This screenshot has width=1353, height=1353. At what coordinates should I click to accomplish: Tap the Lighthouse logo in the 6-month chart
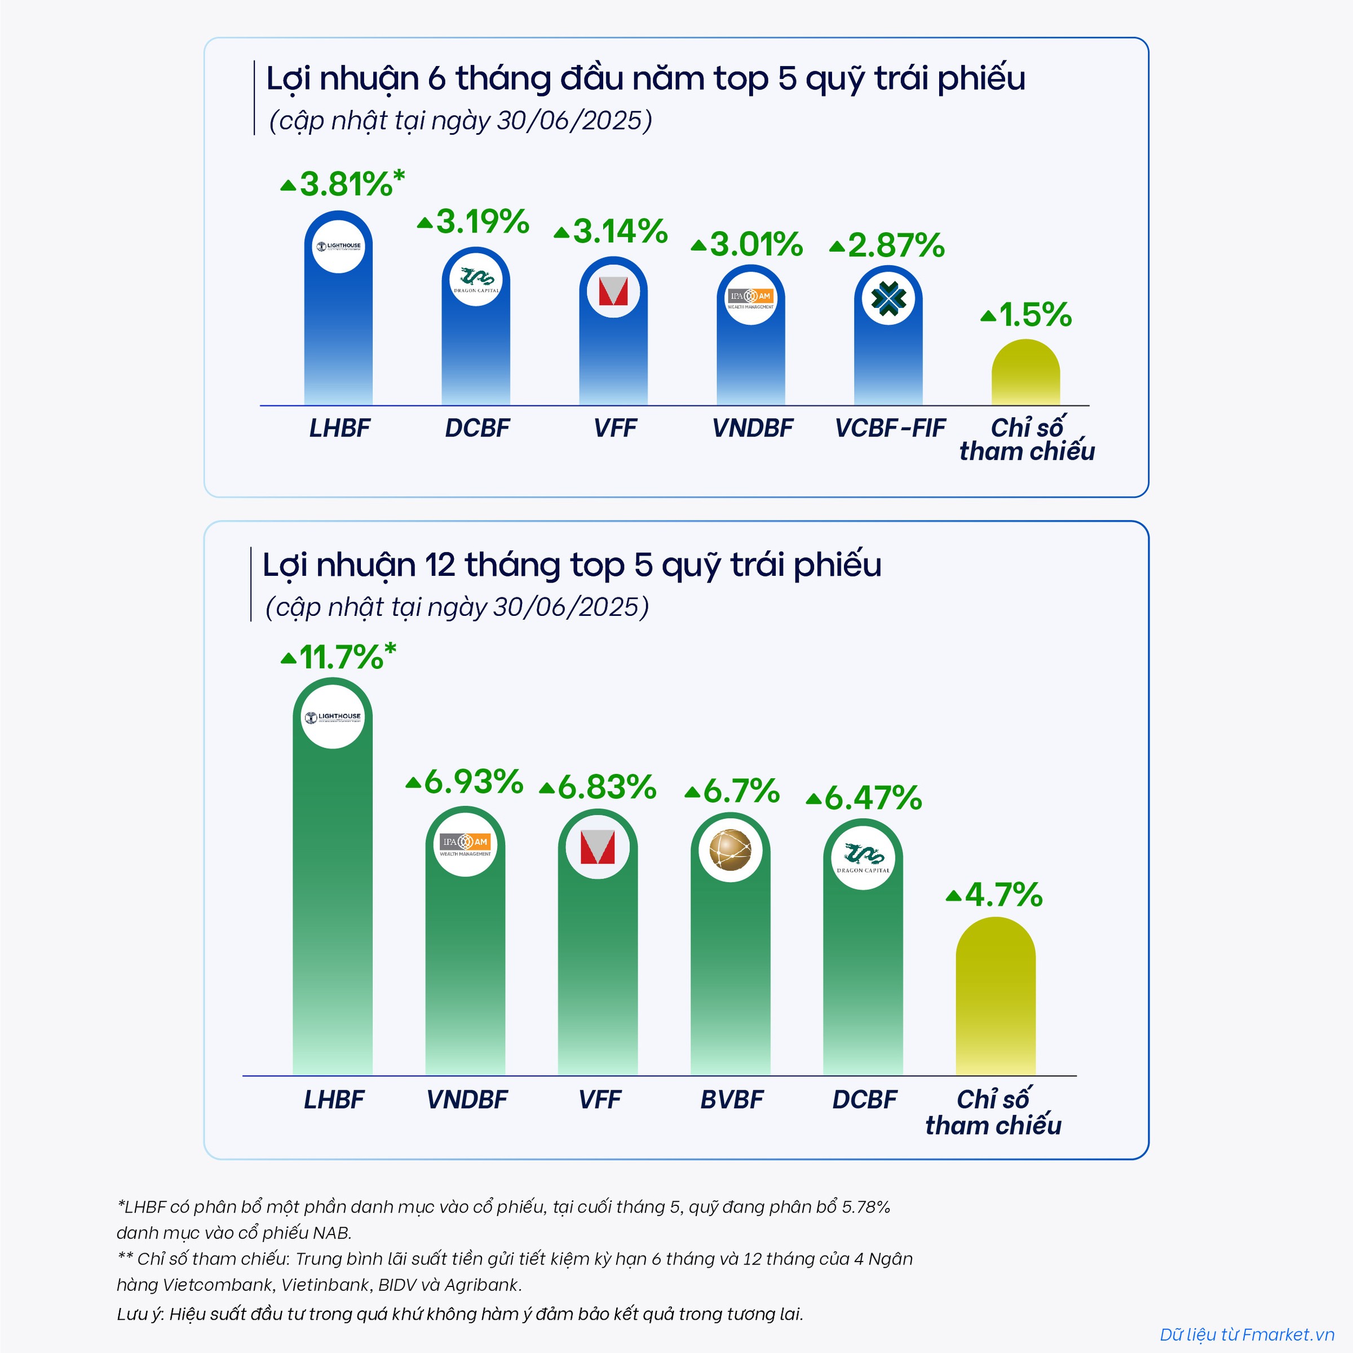pos(338,246)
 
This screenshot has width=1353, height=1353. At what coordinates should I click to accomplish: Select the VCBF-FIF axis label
pos(890,428)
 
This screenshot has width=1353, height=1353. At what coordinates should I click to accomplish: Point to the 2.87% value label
pos(896,246)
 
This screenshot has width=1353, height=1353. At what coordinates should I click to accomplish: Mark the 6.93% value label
pos(474,782)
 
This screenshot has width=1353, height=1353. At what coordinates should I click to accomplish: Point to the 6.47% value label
pos(873,798)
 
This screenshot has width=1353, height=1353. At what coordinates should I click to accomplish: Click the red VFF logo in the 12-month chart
pos(598,847)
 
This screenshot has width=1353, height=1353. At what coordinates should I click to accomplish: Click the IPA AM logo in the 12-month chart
pos(465,844)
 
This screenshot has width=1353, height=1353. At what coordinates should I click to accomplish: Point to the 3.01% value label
pos(755,245)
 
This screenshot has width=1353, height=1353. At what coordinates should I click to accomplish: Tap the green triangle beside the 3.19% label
pos(425,223)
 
